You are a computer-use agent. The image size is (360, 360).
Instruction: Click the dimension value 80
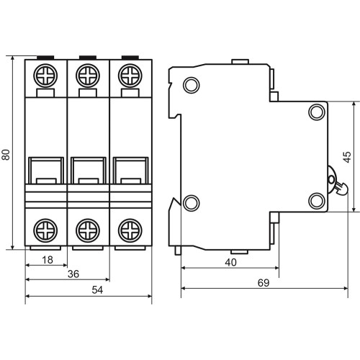6,155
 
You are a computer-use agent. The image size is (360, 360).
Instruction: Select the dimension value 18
48,260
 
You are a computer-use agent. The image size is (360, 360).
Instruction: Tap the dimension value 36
73,274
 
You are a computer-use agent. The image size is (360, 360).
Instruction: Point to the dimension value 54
97,290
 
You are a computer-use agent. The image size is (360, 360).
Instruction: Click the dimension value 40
230,262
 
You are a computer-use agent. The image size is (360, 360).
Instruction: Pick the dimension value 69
264,283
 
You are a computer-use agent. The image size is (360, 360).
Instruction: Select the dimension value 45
347,157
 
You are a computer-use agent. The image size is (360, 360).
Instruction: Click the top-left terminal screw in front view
45,76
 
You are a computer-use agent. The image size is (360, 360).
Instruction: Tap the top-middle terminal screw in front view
88,76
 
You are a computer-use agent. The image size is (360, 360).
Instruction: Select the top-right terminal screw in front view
130,76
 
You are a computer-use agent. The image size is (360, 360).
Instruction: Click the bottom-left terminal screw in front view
45,230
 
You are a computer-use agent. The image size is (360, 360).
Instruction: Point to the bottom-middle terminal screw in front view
88,230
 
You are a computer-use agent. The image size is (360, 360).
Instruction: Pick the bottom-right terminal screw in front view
130,230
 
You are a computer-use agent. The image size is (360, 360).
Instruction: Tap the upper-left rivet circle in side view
192,85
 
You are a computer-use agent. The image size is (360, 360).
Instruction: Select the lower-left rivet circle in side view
192,203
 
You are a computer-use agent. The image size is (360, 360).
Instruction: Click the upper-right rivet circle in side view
317,112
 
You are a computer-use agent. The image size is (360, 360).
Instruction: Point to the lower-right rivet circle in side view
317,201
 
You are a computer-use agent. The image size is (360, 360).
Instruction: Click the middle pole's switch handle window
89,171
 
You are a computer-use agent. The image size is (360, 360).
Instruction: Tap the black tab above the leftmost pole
45,58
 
